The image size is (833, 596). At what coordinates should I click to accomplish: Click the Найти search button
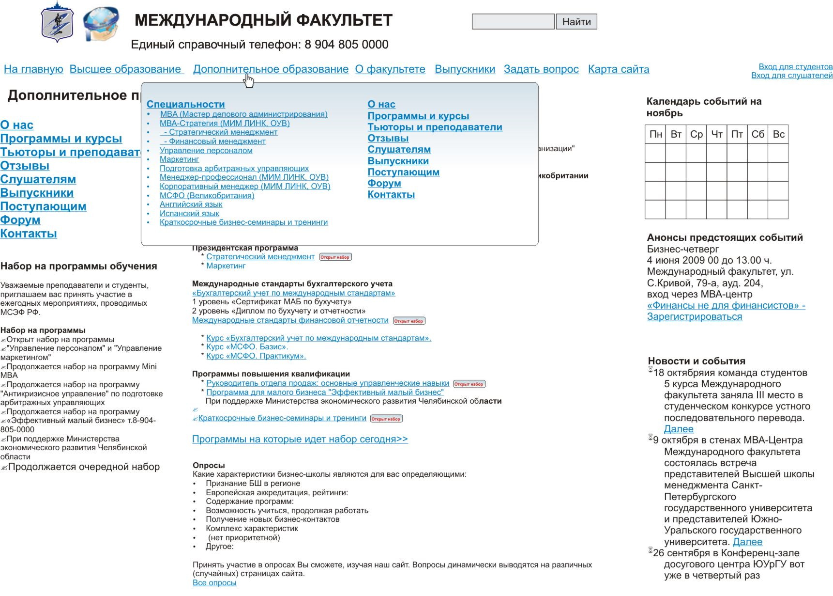point(576,22)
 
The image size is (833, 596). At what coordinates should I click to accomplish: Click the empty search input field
point(513,22)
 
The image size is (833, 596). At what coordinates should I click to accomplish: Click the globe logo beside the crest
point(101,23)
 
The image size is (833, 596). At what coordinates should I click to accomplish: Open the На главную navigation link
point(33,69)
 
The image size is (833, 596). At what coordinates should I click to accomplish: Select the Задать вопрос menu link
point(541,69)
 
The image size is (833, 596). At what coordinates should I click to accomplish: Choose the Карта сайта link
point(618,69)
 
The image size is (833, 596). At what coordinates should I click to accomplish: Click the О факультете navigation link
point(390,69)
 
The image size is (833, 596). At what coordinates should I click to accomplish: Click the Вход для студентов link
point(795,67)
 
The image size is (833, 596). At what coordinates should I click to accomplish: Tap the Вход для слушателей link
point(791,76)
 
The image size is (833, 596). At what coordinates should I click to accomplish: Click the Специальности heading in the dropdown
point(185,104)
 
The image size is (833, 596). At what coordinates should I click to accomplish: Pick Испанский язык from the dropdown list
point(189,214)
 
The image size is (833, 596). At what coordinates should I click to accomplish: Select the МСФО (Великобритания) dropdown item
point(207,196)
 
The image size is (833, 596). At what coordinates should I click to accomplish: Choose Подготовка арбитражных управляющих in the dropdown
point(234,169)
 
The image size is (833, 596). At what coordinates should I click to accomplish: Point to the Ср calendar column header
point(696,134)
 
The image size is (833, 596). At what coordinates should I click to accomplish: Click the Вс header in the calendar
point(778,134)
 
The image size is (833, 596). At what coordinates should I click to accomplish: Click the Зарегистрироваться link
point(694,317)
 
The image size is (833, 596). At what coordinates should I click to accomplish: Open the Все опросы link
point(214,583)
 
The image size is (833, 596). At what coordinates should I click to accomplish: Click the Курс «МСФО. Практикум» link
point(256,356)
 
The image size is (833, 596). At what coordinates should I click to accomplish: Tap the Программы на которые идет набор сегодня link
point(300,439)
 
